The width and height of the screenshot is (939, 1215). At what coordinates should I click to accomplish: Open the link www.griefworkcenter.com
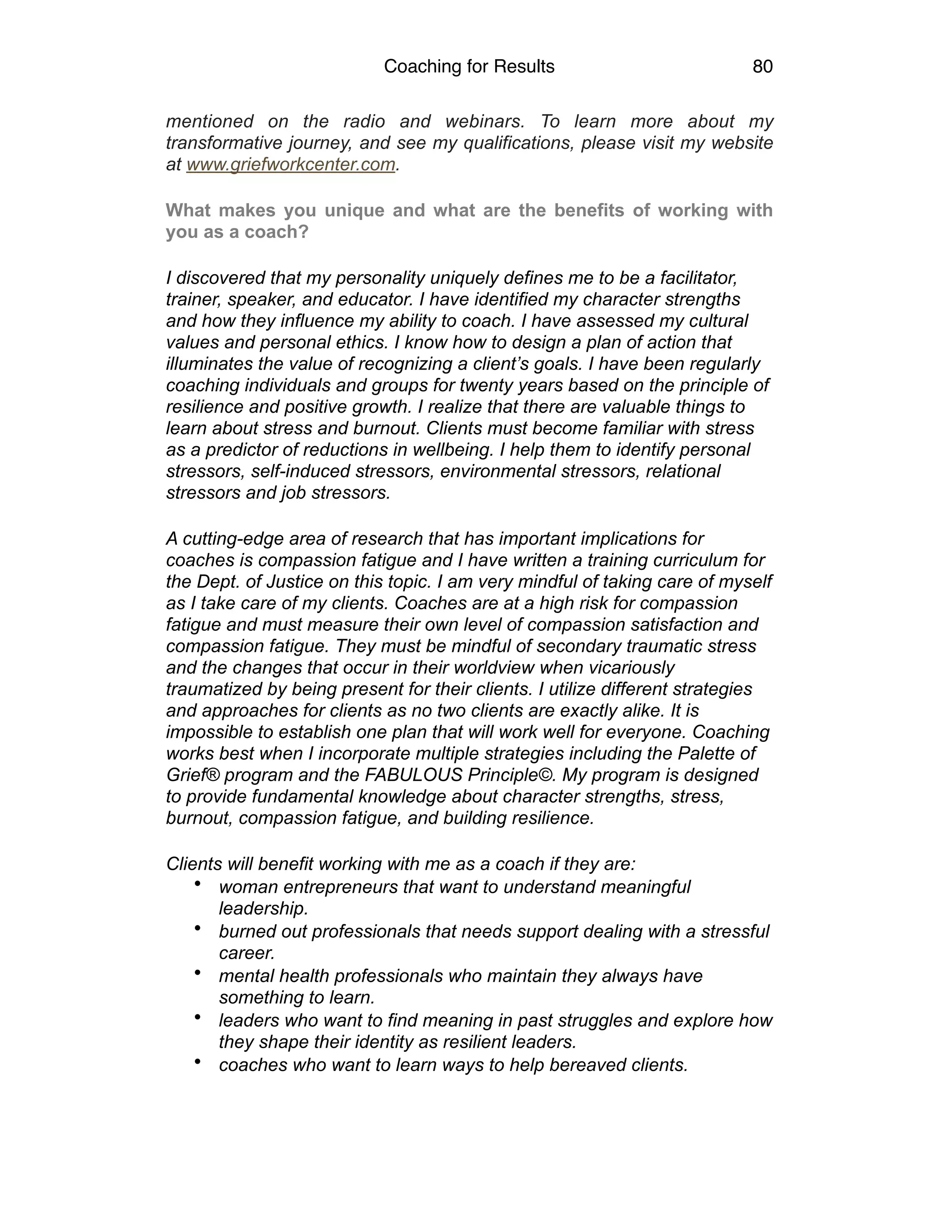tap(290, 165)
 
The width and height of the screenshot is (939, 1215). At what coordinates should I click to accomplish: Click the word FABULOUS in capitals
tap(414, 775)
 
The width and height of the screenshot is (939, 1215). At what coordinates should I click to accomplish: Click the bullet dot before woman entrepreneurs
tap(198, 884)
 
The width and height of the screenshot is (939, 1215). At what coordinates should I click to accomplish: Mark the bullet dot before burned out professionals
tap(198, 928)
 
